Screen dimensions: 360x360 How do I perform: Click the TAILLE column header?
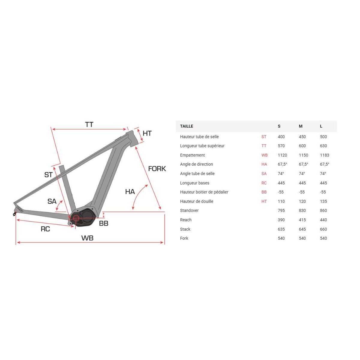tap(186, 126)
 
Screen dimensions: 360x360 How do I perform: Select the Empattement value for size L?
tap(325, 155)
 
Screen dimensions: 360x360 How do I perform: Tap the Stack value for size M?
tap(302, 229)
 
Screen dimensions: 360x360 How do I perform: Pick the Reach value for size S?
tap(281, 220)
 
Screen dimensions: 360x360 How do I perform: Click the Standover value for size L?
tap(323, 210)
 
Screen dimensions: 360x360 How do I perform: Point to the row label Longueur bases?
tap(195, 183)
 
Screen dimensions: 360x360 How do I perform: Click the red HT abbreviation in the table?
tap(264, 201)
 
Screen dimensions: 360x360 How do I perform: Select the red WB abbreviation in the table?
tap(265, 155)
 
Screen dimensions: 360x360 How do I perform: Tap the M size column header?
tap(301, 126)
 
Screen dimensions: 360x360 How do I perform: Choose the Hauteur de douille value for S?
tap(281, 201)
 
